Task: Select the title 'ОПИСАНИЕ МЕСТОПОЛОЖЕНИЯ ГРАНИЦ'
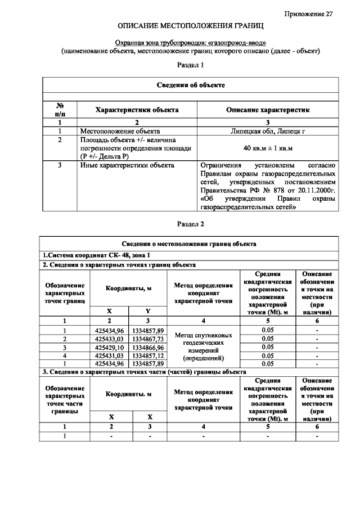[x=190, y=26]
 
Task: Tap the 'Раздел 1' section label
[x=190, y=65]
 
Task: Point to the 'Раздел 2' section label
[x=190, y=223]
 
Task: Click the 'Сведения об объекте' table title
[x=190, y=85]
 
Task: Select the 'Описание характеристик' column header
[x=267, y=110]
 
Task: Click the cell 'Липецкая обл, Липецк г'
[x=267, y=130]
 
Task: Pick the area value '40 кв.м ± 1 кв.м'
[x=267, y=148]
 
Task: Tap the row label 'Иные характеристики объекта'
[x=127, y=165]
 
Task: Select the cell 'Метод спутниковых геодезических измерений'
[x=203, y=346]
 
